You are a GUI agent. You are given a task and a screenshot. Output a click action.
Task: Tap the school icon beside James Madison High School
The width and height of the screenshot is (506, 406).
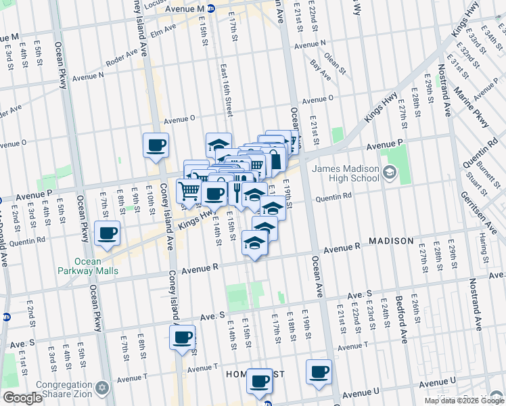[x=389, y=173]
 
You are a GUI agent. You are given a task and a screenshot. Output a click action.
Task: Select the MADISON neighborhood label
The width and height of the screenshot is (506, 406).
[x=390, y=241]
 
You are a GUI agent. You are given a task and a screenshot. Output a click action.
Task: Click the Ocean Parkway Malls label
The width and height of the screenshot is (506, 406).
[x=88, y=266]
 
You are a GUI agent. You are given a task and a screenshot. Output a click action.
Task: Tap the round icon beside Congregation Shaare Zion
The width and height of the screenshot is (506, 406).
[x=103, y=388]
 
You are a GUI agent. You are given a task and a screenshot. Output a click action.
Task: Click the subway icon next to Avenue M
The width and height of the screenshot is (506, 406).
[x=211, y=9]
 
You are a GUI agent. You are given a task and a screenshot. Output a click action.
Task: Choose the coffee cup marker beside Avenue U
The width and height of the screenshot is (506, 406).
[x=319, y=371]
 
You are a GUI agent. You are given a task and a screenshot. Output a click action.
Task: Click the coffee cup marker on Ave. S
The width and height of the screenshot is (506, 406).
[x=182, y=337]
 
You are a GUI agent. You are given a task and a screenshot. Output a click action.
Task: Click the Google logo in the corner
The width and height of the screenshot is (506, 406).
[x=22, y=398]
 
